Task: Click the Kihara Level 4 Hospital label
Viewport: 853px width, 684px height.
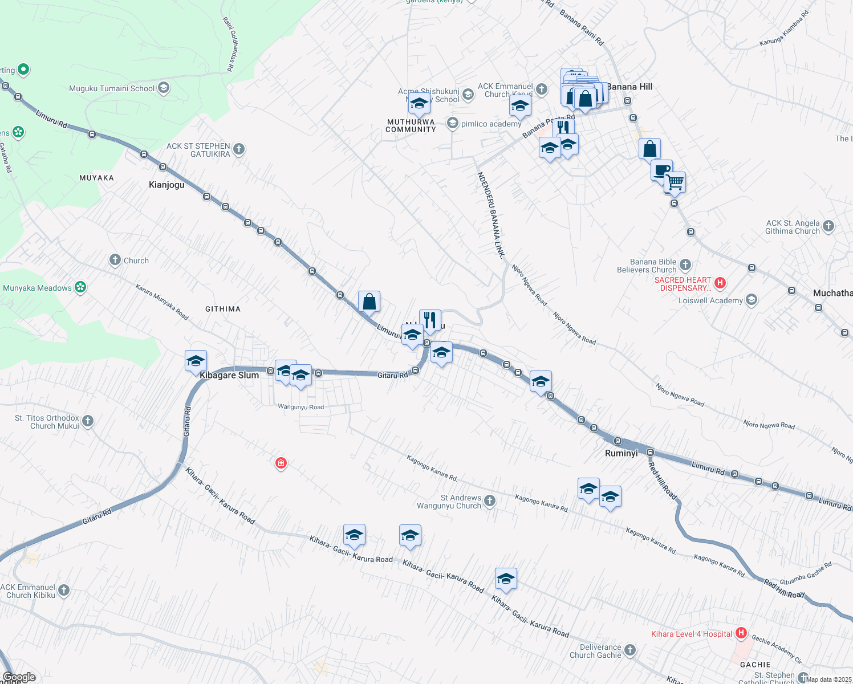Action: [x=692, y=634]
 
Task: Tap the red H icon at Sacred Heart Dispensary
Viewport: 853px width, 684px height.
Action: [x=720, y=283]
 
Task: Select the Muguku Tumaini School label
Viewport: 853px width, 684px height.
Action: [x=112, y=88]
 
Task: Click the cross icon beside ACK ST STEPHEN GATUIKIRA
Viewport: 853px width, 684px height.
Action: [x=239, y=149]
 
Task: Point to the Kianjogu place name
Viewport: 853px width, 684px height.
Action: [x=166, y=185]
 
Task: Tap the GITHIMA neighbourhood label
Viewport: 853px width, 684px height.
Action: [x=223, y=309]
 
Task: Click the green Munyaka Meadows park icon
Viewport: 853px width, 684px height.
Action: [x=80, y=287]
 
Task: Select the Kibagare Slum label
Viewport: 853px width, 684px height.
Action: [x=229, y=375]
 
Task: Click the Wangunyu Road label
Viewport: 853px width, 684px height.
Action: [x=300, y=407]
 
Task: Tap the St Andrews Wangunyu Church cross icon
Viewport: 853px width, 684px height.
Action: [x=490, y=501]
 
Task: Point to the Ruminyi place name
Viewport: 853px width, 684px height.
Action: [x=621, y=453]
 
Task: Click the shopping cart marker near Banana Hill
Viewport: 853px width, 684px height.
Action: [x=675, y=182]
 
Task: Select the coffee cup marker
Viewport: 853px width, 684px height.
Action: [x=661, y=170]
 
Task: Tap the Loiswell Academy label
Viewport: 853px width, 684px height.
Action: [x=710, y=300]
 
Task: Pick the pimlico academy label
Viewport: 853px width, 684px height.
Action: [x=491, y=124]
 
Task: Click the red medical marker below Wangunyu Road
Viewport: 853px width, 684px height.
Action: [x=281, y=463]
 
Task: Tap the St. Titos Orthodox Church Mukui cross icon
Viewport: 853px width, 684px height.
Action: [x=88, y=421]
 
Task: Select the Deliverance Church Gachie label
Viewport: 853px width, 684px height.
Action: [x=595, y=651]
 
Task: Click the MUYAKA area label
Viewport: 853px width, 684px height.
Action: [x=96, y=178]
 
